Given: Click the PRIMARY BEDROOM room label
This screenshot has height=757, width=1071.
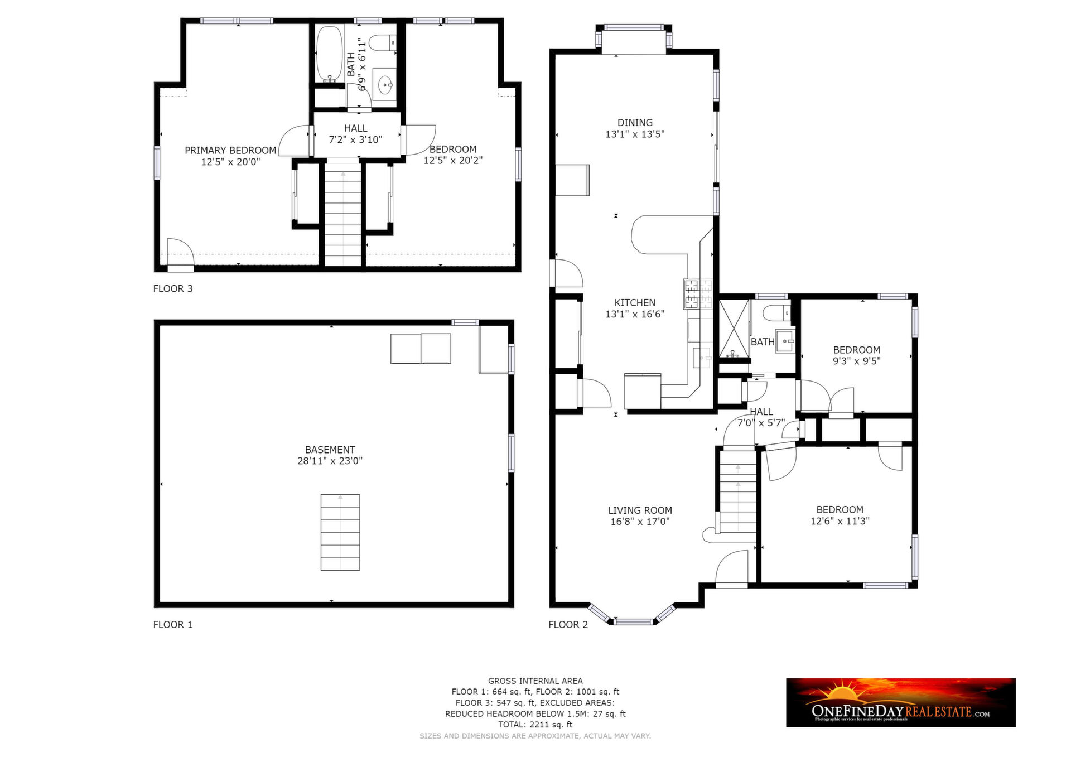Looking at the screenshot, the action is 230,151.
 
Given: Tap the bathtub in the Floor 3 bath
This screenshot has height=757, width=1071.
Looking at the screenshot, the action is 329,54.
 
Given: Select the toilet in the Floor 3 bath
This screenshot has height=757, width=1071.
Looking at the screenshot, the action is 383,43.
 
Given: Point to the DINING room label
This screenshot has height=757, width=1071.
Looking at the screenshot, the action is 635,123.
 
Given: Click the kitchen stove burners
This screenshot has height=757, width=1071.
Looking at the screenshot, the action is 698,294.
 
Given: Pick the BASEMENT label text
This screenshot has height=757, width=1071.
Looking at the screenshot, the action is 330,450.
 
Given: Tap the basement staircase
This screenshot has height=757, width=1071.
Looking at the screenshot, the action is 340,532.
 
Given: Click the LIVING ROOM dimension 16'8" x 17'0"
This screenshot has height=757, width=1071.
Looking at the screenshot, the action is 640,522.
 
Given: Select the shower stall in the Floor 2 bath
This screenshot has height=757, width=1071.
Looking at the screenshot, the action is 734,328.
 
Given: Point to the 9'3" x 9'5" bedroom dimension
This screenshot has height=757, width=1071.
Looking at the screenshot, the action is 856,361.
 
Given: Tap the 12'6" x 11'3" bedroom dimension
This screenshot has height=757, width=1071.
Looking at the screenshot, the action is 840,521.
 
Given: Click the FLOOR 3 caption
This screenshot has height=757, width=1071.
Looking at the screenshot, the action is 173,288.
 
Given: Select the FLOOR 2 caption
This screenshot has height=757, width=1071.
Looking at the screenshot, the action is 568,624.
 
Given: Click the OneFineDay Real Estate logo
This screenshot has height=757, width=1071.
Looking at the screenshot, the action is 900,702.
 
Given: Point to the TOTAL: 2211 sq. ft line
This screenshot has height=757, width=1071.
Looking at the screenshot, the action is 535,725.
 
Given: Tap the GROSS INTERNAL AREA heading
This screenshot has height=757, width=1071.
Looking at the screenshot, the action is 535,681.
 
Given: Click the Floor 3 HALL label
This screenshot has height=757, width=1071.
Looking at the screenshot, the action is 355,128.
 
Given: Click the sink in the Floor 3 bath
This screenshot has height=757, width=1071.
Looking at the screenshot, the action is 384,85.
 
